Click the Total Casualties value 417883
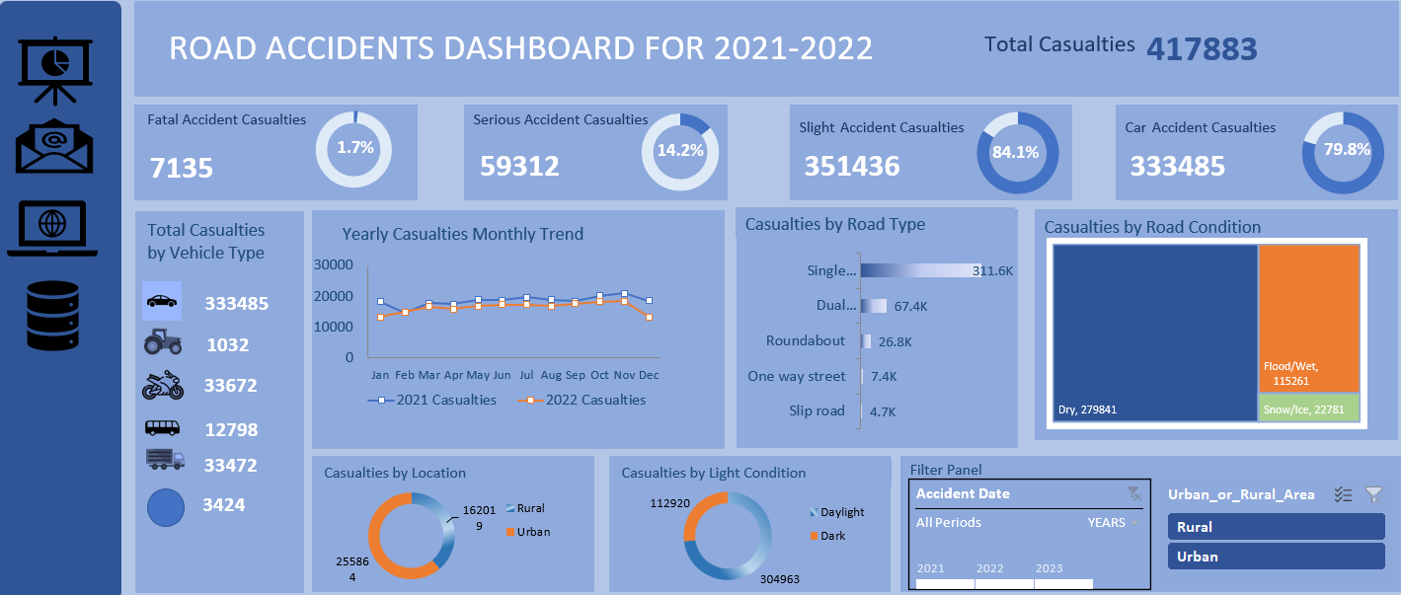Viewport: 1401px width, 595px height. click(x=1202, y=48)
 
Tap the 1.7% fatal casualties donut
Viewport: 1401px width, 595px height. click(x=353, y=147)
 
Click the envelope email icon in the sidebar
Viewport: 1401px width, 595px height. click(x=54, y=147)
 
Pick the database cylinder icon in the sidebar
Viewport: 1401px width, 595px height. click(x=52, y=316)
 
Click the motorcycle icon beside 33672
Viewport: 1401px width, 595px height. click(x=163, y=385)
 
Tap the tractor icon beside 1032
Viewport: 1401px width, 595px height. click(x=163, y=342)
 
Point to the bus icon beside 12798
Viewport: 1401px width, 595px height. click(x=163, y=428)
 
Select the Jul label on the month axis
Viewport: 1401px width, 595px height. click(x=527, y=376)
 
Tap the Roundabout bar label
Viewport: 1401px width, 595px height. click(x=806, y=340)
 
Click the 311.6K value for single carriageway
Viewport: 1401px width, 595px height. click(x=992, y=270)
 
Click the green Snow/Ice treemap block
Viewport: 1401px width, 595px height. click(x=1309, y=408)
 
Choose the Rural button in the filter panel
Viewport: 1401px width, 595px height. click(x=1276, y=527)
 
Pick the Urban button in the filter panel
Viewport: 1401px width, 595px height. click(x=1276, y=557)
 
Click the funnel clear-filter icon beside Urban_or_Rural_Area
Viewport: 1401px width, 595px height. click(x=1373, y=494)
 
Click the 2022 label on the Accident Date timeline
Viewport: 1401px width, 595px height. click(x=989, y=568)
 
